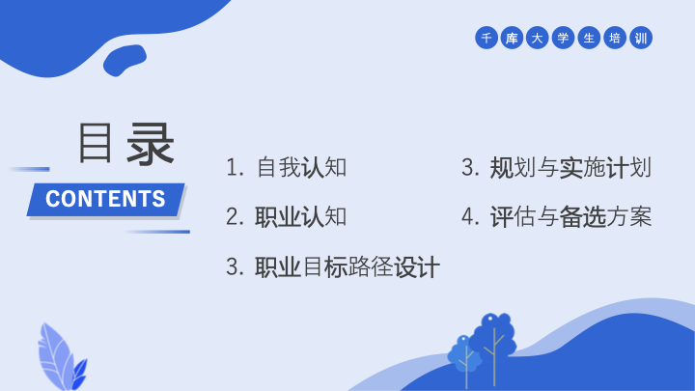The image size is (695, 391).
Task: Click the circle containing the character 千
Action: (x=486, y=38)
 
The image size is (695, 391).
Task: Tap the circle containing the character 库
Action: (x=512, y=38)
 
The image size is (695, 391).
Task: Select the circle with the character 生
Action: (x=589, y=38)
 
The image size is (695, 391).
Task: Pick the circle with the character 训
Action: (x=641, y=38)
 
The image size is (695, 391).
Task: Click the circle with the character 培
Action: (x=615, y=38)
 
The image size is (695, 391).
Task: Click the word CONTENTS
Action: (x=105, y=199)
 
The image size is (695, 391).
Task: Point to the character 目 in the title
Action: (x=95, y=143)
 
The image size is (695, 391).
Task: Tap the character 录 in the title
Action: (x=151, y=144)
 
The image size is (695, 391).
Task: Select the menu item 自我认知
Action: (x=301, y=168)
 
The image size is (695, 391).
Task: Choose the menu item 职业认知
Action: (x=300, y=217)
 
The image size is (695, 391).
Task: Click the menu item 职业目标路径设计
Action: (x=347, y=267)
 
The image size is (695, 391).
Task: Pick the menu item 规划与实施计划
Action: (x=570, y=168)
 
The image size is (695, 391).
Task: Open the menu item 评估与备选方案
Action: (x=570, y=217)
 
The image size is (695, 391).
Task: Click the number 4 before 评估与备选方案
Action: (x=468, y=217)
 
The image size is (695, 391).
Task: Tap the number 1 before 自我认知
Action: (x=233, y=168)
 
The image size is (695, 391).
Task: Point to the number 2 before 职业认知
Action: (x=233, y=217)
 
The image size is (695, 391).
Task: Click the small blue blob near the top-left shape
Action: (x=125, y=60)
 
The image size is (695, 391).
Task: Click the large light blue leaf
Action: (x=55, y=354)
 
